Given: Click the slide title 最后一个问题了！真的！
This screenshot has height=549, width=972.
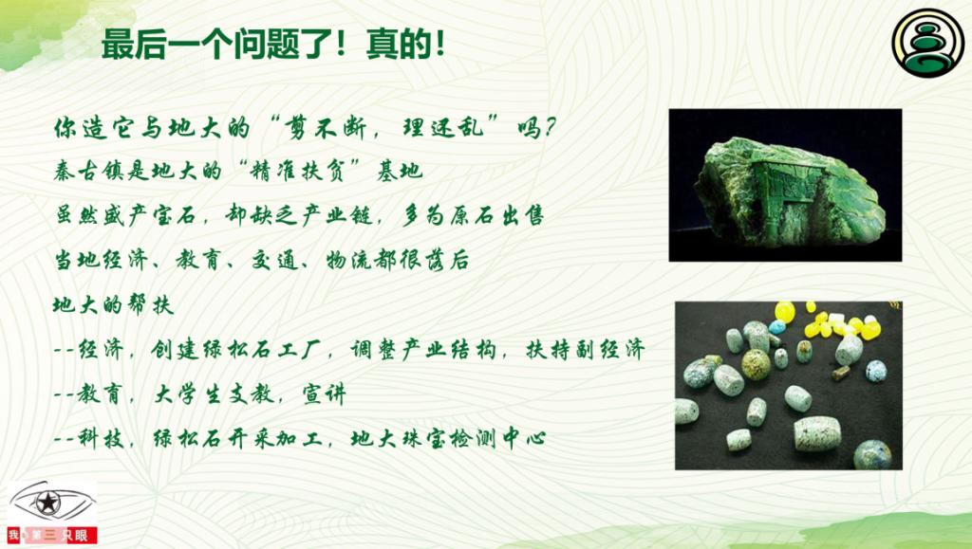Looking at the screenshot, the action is pos(273,46).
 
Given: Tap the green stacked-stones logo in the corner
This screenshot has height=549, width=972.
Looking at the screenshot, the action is pos(928,43).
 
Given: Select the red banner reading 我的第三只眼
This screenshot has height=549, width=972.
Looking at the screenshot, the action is pos(52,535).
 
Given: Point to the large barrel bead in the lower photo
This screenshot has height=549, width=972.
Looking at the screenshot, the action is pos(817,433).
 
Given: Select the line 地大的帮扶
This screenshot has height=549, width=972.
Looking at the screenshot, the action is pos(113,304).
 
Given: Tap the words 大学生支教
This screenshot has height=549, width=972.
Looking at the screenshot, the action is pos(214,394).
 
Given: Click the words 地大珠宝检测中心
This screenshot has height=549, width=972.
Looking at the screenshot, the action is pos(448,439).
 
